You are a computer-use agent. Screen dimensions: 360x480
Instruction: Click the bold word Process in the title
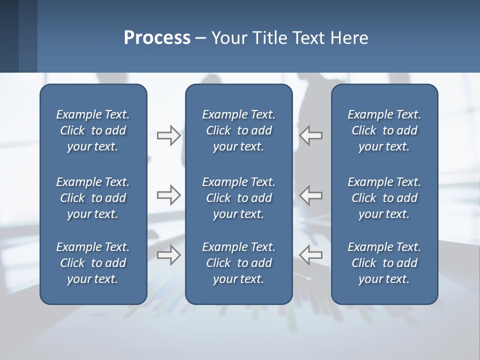coord(157,38)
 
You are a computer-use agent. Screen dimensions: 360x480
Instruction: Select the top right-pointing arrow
coord(168,135)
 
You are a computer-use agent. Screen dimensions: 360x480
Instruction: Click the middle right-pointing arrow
coord(168,195)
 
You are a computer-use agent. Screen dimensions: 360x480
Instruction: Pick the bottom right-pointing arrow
coord(168,255)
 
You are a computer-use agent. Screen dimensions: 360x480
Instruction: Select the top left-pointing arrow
coord(311,135)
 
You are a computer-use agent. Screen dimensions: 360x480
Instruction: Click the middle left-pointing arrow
coord(311,195)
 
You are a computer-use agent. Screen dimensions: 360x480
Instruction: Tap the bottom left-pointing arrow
coord(311,255)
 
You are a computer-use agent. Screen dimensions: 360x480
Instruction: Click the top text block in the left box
coord(93,130)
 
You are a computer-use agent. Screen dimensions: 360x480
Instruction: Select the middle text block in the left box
coord(93,198)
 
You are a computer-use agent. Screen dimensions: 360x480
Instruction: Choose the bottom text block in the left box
coord(93,263)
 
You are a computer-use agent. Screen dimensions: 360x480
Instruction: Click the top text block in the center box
coord(238,130)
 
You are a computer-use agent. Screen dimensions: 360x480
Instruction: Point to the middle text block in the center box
coord(238,198)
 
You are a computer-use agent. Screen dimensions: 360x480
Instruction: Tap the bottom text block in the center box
coord(238,263)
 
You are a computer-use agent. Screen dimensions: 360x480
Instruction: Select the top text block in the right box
coord(384,130)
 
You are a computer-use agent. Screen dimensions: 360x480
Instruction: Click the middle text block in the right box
coord(384,198)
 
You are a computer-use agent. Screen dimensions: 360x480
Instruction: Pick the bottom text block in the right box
coord(384,263)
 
